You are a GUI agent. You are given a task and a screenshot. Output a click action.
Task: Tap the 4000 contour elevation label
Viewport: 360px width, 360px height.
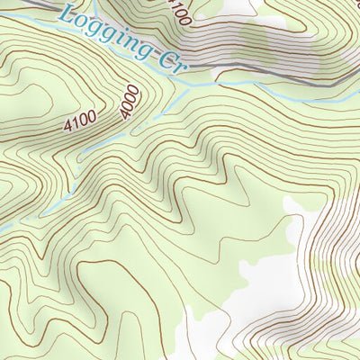130,101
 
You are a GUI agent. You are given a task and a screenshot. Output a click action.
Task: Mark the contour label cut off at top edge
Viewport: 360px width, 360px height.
179,11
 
